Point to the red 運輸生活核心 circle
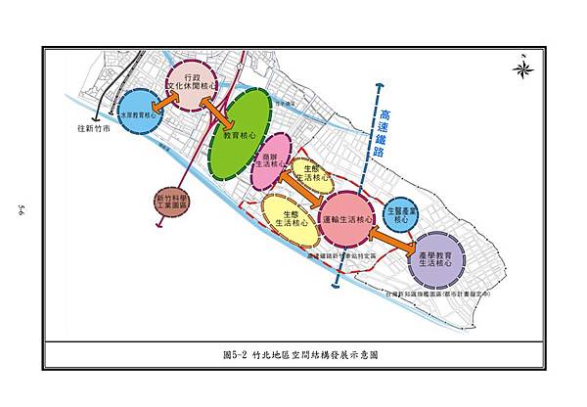(347, 220)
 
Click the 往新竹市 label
(94, 128)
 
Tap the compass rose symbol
(522, 68)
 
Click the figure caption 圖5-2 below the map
(293, 354)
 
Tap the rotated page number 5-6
(20, 210)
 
